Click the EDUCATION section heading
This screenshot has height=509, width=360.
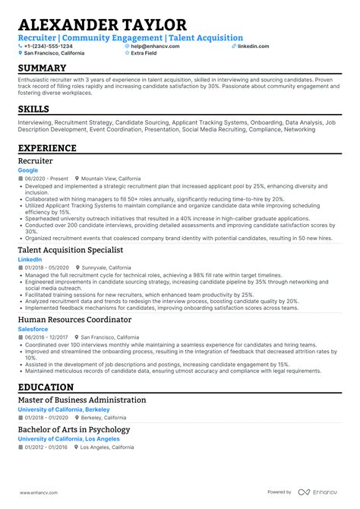[51, 387]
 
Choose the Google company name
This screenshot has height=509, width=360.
[27, 170]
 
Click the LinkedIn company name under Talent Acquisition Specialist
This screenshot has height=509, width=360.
[30, 259]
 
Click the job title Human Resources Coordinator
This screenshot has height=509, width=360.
[74, 320]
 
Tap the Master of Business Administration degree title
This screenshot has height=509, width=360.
[82, 400]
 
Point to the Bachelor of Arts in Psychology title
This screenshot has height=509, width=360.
[73, 430]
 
